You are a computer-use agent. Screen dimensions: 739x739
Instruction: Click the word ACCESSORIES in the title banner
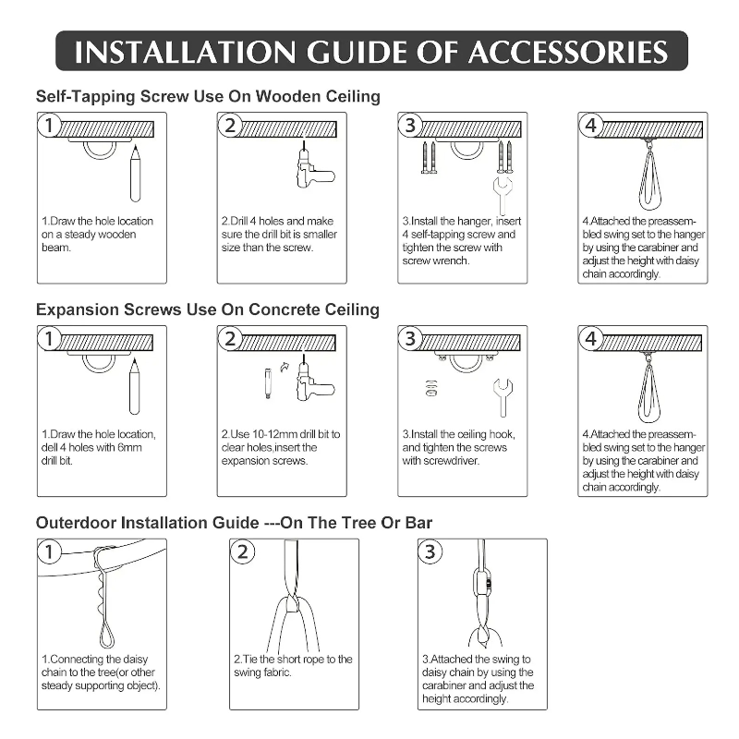568,52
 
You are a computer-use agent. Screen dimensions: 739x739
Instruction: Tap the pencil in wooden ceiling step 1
135,173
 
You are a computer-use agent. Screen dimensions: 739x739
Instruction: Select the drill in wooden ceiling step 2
313,166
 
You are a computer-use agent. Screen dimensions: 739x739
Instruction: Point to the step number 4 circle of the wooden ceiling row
590,126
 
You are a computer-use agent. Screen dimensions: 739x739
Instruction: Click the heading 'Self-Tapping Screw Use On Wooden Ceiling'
208,96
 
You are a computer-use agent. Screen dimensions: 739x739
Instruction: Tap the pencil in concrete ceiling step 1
135,386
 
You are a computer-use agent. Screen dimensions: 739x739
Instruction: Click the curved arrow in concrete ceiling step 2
284,366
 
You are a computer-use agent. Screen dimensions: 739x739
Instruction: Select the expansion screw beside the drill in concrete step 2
268,383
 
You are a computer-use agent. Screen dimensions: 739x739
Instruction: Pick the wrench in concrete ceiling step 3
503,398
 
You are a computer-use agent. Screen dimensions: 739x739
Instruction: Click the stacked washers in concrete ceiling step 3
430,388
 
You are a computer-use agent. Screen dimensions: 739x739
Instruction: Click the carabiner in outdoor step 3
481,584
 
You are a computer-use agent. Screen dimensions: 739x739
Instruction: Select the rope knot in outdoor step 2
292,604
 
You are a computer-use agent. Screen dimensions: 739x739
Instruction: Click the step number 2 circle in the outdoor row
242,551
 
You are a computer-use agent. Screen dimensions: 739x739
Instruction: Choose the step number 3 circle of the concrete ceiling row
410,338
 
